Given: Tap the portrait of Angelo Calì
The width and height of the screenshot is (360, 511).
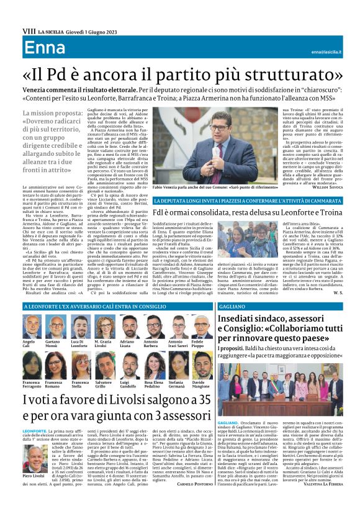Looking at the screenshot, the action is tap(30, 327).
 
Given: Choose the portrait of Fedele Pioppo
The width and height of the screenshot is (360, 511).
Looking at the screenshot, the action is tap(198, 327).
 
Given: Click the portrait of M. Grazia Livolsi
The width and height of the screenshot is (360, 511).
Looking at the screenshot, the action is tap(103, 327).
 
